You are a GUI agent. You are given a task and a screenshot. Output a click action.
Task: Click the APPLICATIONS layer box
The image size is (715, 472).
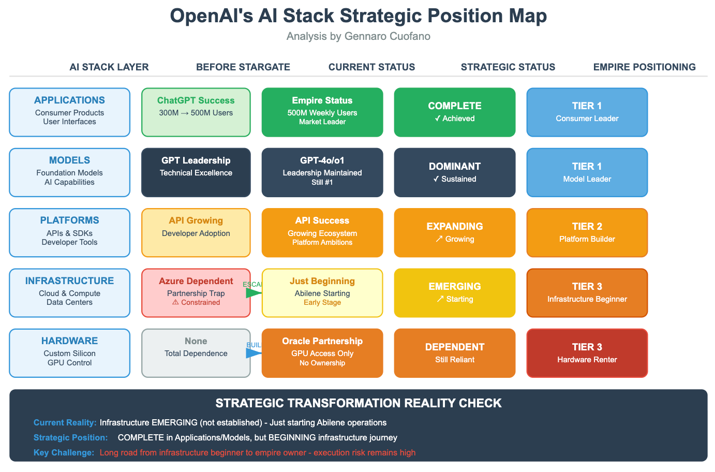coord(69,112)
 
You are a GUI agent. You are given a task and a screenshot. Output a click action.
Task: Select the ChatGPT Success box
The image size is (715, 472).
coord(196,112)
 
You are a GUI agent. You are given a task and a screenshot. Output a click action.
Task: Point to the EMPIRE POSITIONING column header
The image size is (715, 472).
coord(644,67)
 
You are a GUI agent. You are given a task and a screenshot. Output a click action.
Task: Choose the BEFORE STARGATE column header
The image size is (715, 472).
coord(243,67)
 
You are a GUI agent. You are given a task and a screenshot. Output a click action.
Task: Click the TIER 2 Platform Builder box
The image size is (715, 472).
coord(587,232)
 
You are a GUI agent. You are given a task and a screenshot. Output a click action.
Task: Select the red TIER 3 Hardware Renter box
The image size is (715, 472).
coord(587,353)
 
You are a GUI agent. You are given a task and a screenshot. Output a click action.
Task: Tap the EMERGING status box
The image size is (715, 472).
coord(454,292)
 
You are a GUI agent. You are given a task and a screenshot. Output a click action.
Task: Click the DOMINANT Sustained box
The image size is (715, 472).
coord(454,172)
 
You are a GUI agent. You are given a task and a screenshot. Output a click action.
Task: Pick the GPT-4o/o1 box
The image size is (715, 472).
coord(322,172)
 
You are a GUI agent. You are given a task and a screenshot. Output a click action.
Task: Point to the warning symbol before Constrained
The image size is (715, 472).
coord(175,302)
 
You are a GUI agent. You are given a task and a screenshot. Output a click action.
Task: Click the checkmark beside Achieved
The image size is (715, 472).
coord(438,119)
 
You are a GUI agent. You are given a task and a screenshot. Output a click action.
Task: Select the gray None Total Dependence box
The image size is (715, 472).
coord(196,353)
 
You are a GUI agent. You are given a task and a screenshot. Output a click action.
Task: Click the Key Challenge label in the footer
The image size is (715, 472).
coord(64,452)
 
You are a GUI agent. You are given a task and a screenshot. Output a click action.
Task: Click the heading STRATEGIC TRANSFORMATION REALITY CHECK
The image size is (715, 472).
coord(358,403)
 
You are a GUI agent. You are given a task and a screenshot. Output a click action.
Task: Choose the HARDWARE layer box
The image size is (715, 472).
coord(69,353)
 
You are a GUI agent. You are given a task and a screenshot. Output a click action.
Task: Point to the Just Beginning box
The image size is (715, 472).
coord(322,292)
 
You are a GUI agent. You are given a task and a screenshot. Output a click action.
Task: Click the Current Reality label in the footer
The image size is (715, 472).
coord(65,422)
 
